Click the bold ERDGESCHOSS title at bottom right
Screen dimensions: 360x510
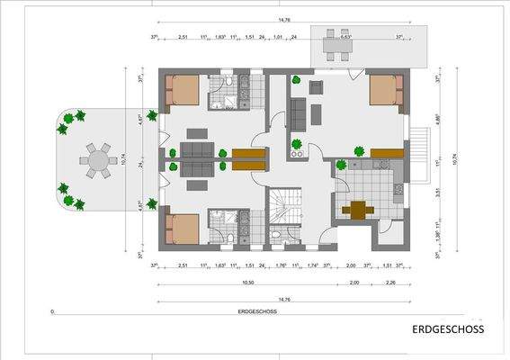(x=447, y=328)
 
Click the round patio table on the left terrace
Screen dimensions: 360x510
(x=94, y=161)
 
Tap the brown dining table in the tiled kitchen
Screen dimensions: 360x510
(x=359, y=210)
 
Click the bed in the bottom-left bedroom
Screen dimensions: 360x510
(x=183, y=229)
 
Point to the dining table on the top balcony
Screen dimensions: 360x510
(x=336, y=45)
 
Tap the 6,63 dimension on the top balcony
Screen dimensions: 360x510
(x=344, y=37)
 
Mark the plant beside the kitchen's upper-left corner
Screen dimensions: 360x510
(x=341, y=166)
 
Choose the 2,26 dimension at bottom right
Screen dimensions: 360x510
(x=389, y=282)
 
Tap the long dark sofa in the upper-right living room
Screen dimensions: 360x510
(x=298, y=114)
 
